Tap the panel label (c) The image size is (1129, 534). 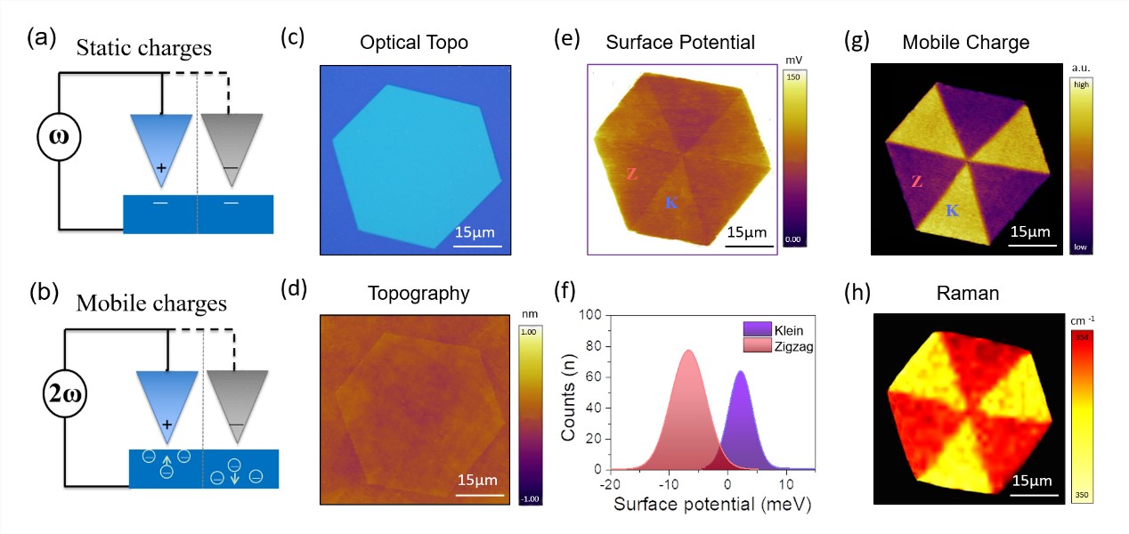coord(294,38)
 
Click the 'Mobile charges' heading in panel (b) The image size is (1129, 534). coord(151,303)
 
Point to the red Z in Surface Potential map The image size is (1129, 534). coord(631,174)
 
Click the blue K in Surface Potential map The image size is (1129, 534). coord(671,203)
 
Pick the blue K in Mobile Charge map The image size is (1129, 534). coord(952,211)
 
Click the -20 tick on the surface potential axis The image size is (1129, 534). coord(611,483)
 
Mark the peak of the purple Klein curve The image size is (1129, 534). coord(740,372)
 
